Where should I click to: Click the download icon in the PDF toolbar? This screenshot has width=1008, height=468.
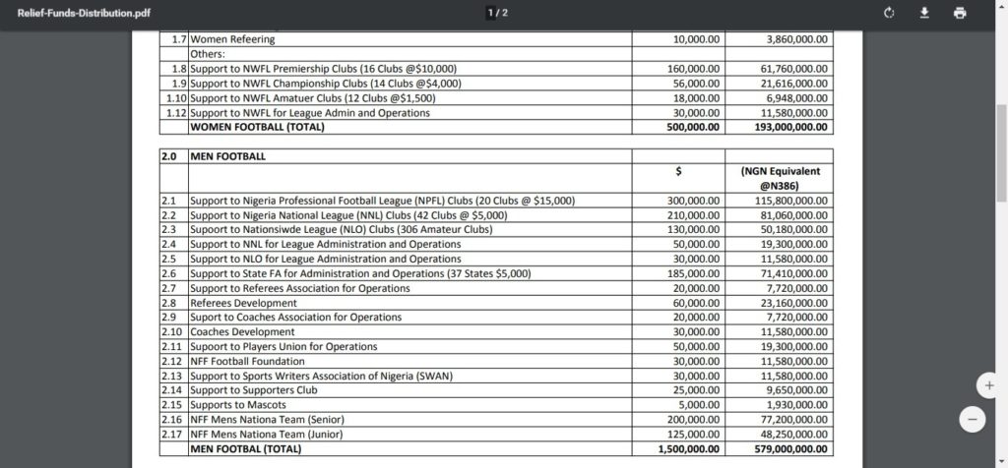pos(924,13)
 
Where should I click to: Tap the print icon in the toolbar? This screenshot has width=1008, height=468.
pos(960,13)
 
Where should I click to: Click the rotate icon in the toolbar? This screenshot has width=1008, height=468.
pos(889,13)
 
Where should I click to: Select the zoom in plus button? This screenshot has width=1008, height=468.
pos(987,384)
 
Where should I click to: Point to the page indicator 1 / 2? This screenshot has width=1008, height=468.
pos(498,13)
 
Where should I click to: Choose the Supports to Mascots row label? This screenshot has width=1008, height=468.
pos(238,405)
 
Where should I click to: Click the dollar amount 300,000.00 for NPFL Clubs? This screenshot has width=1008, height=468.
pos(693,201)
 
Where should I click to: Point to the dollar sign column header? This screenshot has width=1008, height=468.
pos(679,171)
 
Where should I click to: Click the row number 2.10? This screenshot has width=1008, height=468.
pos(172,332)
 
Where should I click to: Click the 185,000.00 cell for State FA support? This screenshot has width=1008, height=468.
pos(693,273)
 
